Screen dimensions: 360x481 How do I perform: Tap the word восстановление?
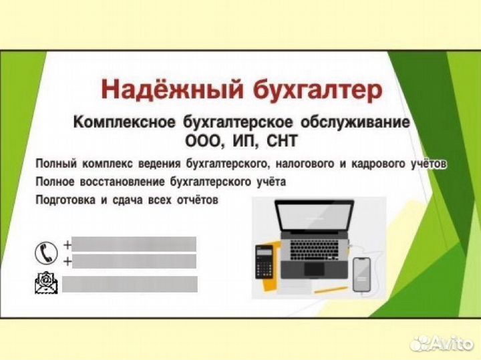click(x=118, y=182)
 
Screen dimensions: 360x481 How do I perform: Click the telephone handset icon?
click(x=43, y=252)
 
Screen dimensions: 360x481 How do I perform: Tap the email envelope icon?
click(x=44, y=284)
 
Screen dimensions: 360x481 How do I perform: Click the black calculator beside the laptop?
click(x=265, y=260)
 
